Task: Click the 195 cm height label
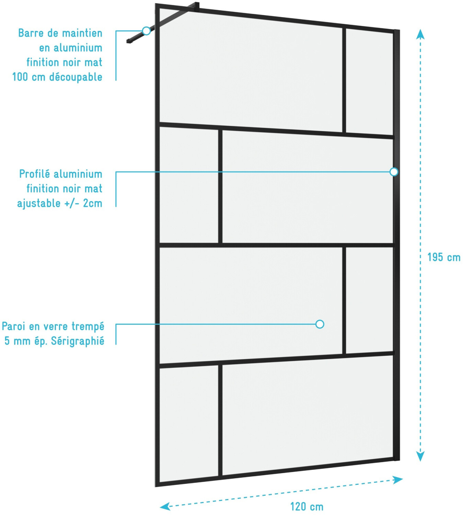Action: point(443,257)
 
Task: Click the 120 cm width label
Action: point(306,506)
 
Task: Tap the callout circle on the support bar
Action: point(147,31)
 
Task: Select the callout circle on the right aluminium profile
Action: point(394,172)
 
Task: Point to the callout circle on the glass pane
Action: point(320,324)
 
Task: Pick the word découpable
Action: point(76,77)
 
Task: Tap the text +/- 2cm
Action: point(83,203)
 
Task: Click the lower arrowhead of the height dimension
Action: point(420,456)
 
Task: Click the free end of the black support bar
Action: point(129,41)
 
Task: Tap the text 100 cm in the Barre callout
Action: point(28,77)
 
